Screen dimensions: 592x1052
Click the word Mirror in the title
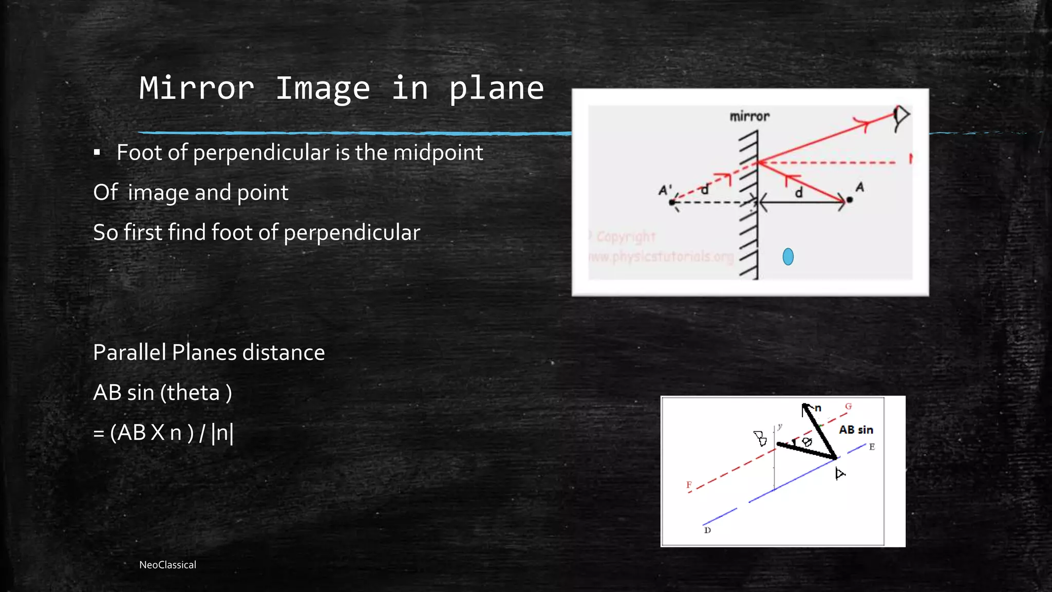(197, 88)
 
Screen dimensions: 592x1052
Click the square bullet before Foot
(97, 152)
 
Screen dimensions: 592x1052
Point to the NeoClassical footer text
(167, 565)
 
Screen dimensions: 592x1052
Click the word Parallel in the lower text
(129, 353)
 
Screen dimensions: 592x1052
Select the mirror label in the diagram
(749, 117)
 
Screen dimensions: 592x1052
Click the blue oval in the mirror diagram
(788, 256)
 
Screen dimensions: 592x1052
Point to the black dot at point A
(850, 200)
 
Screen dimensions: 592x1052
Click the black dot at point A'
(672, 202)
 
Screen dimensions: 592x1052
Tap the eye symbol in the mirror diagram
(900, 117)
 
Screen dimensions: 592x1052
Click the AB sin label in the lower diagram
(856, 430)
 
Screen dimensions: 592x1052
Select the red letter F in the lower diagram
(689, 485)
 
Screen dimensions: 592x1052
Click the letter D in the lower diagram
(707, 530)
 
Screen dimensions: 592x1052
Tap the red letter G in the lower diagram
(849, 406)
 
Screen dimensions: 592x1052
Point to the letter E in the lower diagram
(872, 447)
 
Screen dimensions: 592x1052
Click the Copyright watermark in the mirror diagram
(626, 237)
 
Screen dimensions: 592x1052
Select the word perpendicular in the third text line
(352, 233)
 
